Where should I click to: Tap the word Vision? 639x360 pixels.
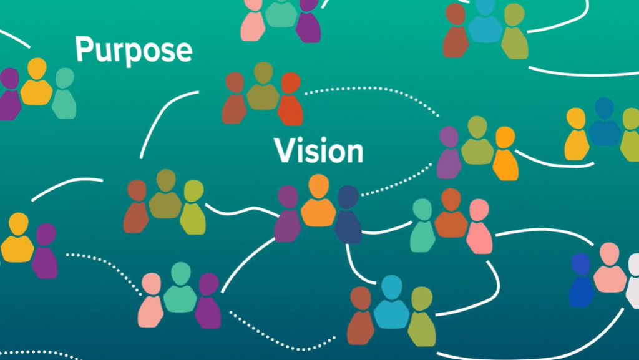click(318, 151)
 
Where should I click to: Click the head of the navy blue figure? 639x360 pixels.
click(348, 197)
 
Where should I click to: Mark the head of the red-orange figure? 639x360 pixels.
click(291, 82)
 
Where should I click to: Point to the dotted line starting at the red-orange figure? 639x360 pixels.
click(374, 94)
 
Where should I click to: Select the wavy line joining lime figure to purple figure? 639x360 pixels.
click(240, 210)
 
